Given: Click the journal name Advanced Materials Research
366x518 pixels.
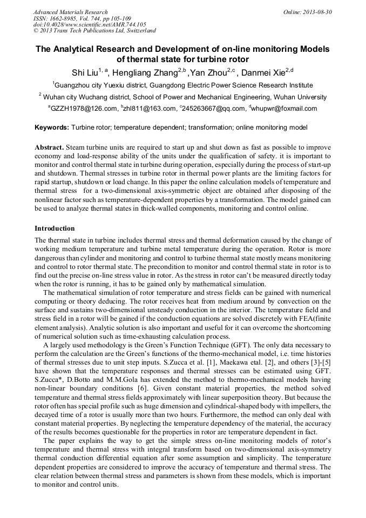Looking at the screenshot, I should tap(71, 12).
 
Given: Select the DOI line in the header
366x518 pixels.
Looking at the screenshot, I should tap(90, 25).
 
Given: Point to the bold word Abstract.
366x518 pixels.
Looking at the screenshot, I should tap(49, 147).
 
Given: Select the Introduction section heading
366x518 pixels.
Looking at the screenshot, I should tap(55, 228).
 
